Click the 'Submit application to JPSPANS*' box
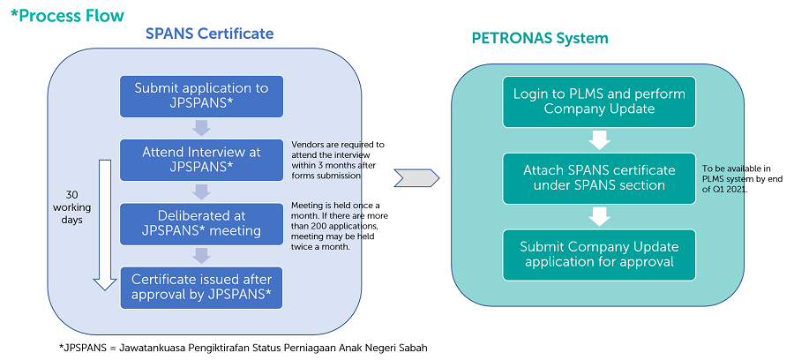click(201, 96)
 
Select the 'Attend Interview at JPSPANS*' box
click(201, 160)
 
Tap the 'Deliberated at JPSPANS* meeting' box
click(201, 224)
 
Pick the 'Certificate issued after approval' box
click(201, 288)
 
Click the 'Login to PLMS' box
click(599, 101)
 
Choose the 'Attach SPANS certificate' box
click(599, 177)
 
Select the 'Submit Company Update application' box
click(599, 254)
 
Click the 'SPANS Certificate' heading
click(209, 34)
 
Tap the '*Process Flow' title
click(67, 15)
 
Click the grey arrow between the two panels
click(416, 179)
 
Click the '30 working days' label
click(67, 206)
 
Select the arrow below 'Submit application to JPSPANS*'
click(201, 128)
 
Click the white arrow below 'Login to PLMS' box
click(599, 139)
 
